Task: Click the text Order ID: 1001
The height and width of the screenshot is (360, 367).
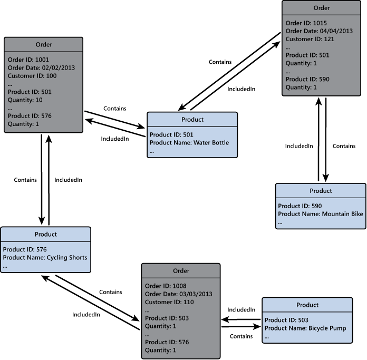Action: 28,60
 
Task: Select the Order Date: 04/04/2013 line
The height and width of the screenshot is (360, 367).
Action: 315,31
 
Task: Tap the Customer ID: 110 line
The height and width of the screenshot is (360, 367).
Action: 169,302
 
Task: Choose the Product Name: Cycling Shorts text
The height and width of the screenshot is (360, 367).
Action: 45,257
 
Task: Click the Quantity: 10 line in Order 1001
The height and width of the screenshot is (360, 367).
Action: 25,100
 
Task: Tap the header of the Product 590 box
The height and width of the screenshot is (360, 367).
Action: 321,191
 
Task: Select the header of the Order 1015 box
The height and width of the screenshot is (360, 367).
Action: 321,8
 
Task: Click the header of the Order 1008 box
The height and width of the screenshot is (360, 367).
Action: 181,271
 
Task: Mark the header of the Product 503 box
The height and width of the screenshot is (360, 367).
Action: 307,305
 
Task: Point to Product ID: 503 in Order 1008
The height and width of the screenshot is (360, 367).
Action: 166,318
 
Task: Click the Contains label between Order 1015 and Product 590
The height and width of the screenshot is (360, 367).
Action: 344,146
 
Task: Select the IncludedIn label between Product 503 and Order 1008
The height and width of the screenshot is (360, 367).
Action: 241,310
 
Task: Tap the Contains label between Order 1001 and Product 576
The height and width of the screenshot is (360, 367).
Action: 25,180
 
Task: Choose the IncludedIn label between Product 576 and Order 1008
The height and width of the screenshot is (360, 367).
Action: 86,315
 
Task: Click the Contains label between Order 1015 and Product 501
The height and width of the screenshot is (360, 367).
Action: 220,62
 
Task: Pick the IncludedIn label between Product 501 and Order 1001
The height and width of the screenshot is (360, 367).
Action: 115,139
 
